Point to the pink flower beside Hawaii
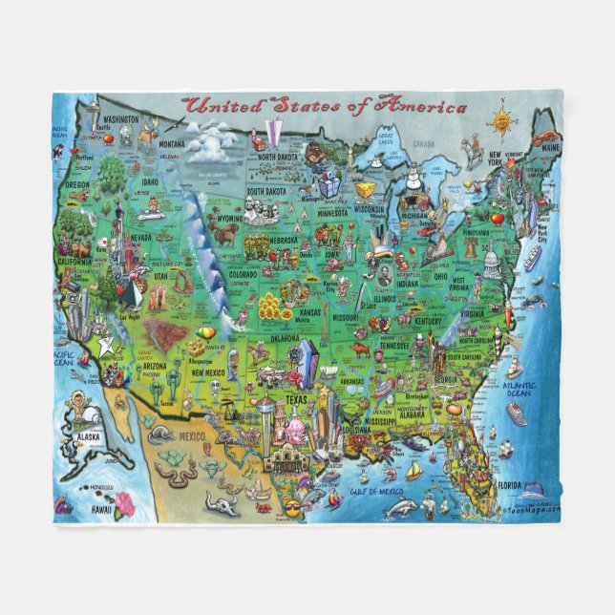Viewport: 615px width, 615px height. coord(124,503)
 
